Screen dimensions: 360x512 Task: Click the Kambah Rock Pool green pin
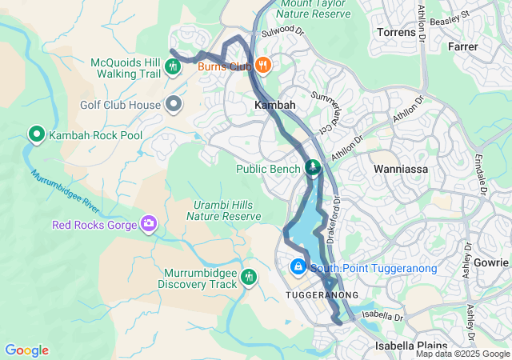click(x=36, y=134)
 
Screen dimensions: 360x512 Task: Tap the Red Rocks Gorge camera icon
click(x=148, y=224)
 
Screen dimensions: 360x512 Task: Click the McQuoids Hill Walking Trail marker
click(x=174, y=66)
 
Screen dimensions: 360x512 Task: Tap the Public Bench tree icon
click(x=313, y=168)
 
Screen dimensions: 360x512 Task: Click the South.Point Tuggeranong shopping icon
click(x=298, y=266)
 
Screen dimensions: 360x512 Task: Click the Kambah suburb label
click(x=274, y=105)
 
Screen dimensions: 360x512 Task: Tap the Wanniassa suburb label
click(x=401, y=170)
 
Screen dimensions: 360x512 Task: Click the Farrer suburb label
click(x=463, y=47)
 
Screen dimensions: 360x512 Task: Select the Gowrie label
click(x=490, y=262)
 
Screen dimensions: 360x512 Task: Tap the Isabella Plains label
click(x=410, y=346)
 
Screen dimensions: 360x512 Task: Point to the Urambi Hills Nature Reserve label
click(x=227, y=210)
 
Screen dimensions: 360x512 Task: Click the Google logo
click(x=26, y=350)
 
